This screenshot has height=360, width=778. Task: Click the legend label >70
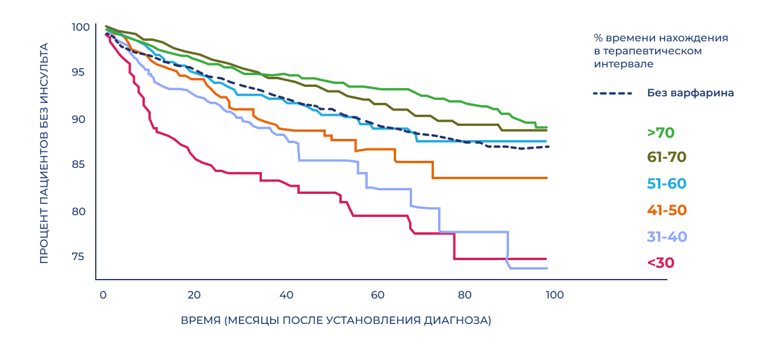click(660, 133)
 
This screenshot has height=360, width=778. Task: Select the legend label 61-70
click(667, 157)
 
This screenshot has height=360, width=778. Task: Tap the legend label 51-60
click(667, 184)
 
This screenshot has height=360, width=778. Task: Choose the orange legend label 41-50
click(667, 210)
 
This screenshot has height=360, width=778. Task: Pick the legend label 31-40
click(667, 237)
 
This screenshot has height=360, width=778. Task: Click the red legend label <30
click(660, 263)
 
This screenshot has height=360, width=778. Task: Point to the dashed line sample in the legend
click(612, 93)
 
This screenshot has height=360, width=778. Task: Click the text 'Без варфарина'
click(691, 93)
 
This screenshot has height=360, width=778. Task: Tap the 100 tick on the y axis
click(80, 27)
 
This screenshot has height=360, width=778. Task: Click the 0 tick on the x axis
click(103, 294)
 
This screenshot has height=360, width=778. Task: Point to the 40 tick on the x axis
click(286, 294)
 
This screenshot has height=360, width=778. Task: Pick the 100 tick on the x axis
click(555, 294)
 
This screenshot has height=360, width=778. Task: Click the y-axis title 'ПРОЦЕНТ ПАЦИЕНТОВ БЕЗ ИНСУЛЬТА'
click(44, 153)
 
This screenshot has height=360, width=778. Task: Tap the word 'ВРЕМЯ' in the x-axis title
click(200, 321)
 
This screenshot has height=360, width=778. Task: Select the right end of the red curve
click(546, 259)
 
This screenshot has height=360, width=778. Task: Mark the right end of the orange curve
click(547, 178)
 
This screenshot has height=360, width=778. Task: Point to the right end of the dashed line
click(549, 147)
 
